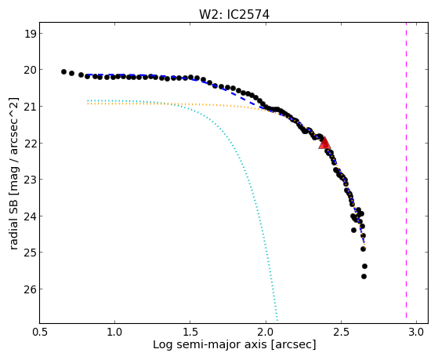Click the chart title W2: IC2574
coord(234,15)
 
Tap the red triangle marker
coord(324,143)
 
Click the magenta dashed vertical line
coord(406,170)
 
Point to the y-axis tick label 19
coord(30,34)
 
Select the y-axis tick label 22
coord(30,144)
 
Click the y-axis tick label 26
coord(30,289)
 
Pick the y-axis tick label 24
coord(30,216)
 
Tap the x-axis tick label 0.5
coord(40,332)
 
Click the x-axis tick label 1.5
coord(190,332)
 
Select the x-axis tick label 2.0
coord(266,332)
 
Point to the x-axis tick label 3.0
coord(417,332)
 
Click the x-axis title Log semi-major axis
coord(210,344)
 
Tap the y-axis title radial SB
coord(14,226)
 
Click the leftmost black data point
coord(63,72)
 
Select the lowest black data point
coord(364,276)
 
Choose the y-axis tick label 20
coord(30,70)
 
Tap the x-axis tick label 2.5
coord(342,332)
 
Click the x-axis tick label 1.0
coord(115,332)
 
